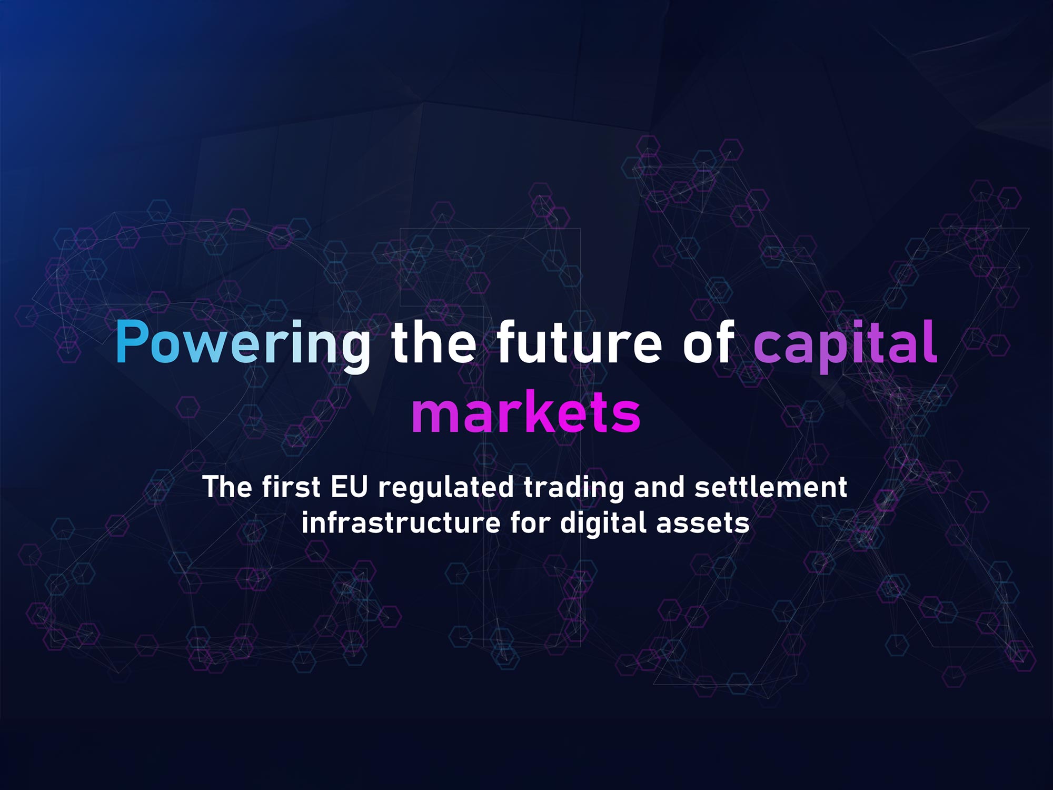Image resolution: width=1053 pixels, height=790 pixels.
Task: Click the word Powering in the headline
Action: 243,343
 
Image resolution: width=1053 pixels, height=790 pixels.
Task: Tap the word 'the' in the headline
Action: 433,343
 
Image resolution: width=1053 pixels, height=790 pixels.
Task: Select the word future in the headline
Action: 579,343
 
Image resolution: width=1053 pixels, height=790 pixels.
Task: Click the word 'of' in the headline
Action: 708,343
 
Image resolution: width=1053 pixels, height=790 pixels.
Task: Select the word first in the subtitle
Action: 291,487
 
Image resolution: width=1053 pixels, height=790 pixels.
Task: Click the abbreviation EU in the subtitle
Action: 349,487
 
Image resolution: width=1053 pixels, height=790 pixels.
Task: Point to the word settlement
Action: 771,487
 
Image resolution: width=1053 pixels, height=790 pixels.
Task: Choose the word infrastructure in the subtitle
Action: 401,524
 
